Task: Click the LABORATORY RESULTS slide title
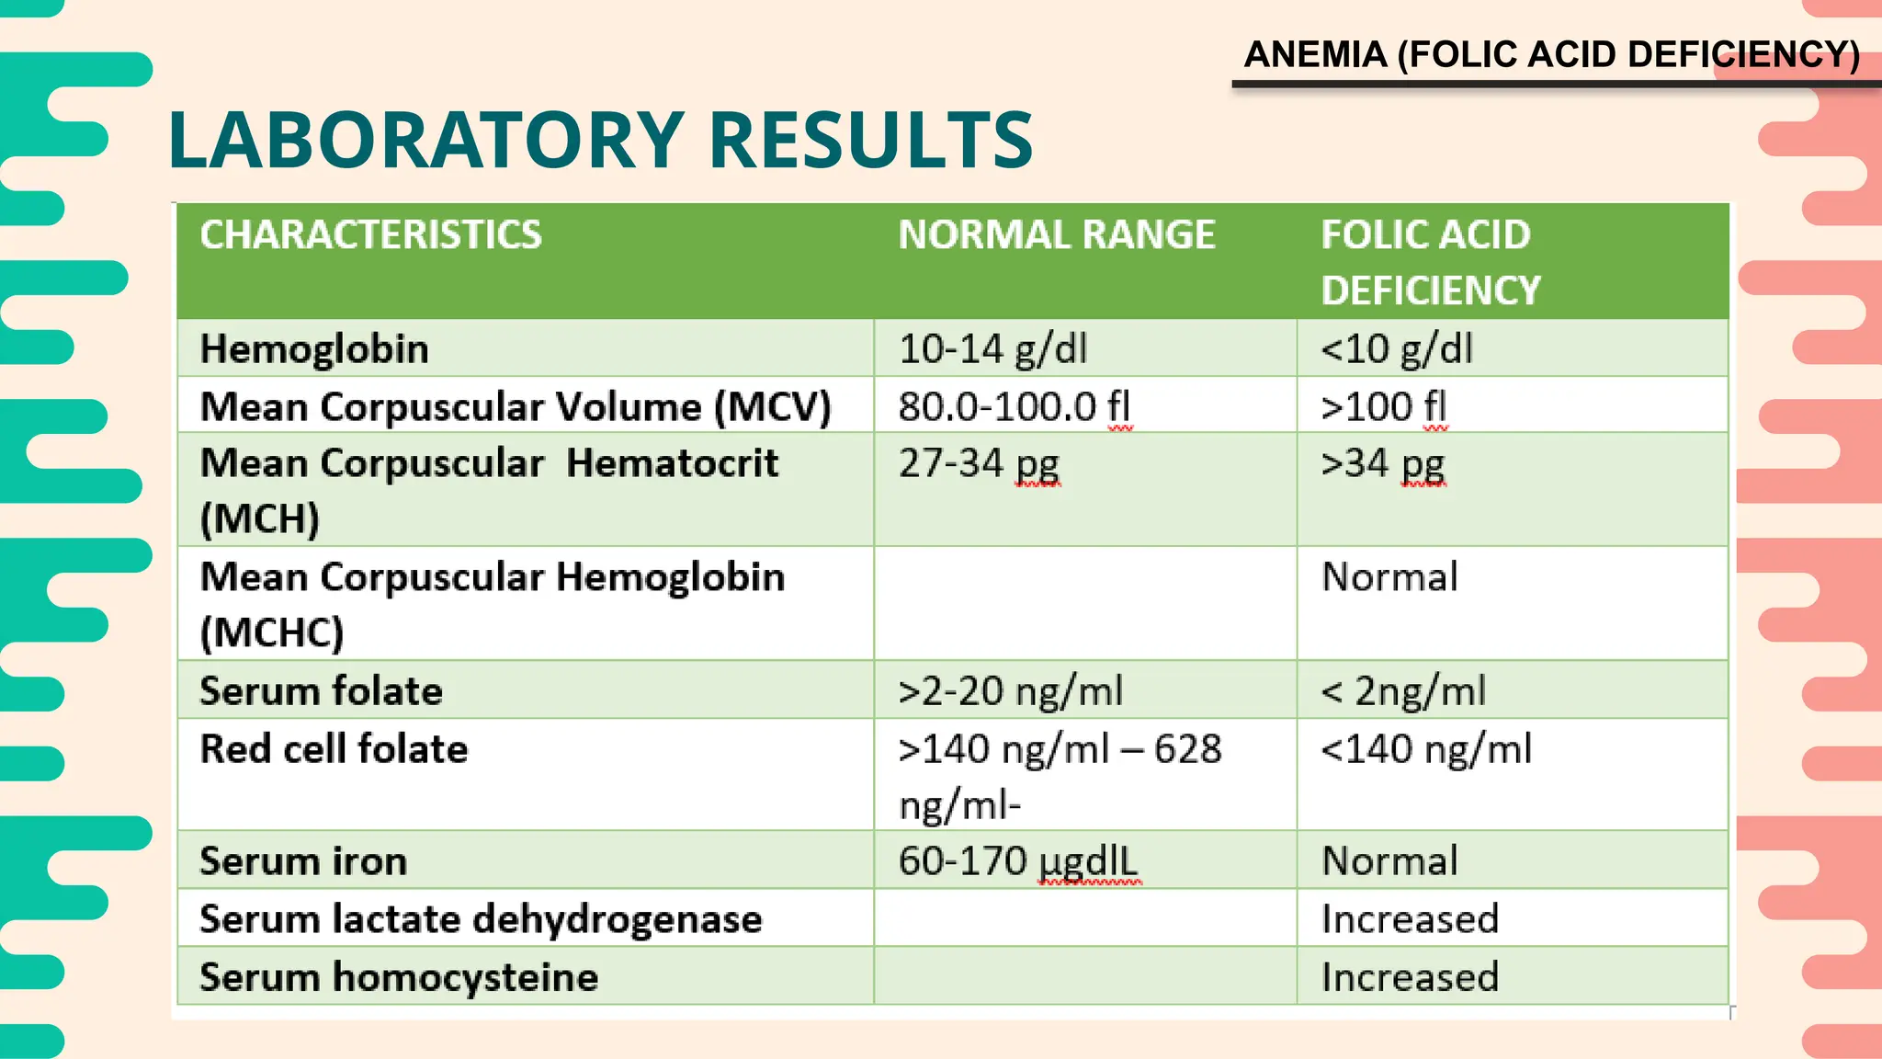(600, 140)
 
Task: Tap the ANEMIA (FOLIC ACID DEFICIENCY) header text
(1551, 55)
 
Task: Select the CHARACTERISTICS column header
(371, 234)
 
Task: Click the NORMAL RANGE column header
(1057, 234)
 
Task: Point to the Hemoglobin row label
(314, 349)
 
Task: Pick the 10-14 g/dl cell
(992, 349)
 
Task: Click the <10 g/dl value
(1397, 349)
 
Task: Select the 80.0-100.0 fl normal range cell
(1015, 406)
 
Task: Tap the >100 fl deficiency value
(1384, 406)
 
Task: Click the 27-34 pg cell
(980, 463)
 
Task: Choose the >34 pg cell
(1383, 463)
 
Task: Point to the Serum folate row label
(321, 691)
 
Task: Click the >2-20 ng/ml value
(1011, 691)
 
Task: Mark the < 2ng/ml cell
(1403, 691)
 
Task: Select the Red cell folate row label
(334, 749)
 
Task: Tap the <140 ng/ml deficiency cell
(1426, 749)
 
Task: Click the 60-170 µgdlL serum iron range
(1018, 861)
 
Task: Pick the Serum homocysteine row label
(399, 976)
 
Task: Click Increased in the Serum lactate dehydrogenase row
(1410, 919)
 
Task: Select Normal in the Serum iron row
(1389, 861)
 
